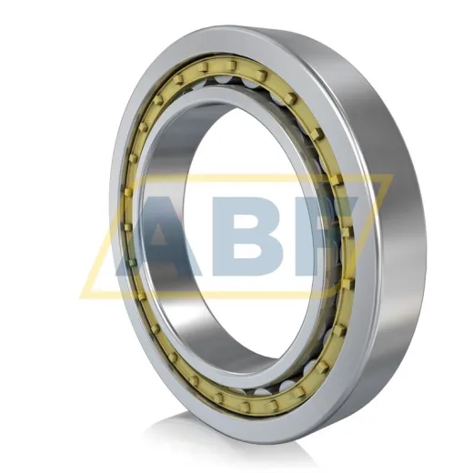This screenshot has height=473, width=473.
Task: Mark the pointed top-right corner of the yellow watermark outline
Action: [x=393, y=176]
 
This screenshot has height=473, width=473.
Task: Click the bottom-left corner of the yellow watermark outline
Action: [x=80, y=296]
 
